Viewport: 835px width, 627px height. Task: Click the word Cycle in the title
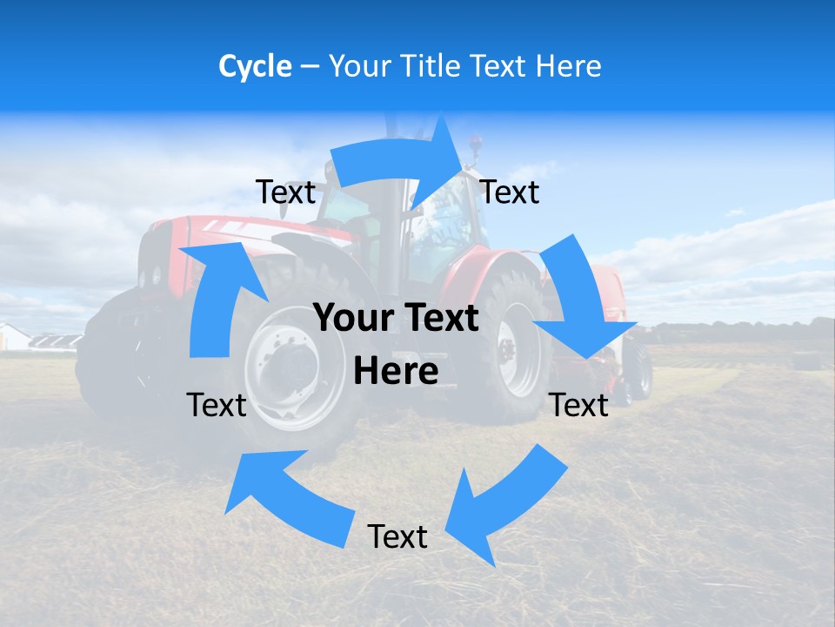pyautogui.click(x=255, y=66)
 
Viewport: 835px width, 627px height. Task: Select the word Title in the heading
pyautogui.click(x=433, y=66)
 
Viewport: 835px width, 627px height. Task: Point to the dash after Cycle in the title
pyautogui.click(x=309, y=67)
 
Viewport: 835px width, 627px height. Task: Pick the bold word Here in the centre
pyautogui.click(x=396, y=372)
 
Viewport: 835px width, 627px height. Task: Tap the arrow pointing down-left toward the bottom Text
pyautogui.click(x=496, y=505)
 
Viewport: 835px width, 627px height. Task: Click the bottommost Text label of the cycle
pyautogui.click(x=397, y=536)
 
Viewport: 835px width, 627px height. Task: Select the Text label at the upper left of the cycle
pyautogui.click(x=285, y=192)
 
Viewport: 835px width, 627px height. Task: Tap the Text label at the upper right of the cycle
pyautogui.click(x=510, y=192)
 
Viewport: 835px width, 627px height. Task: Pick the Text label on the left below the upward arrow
pyautogui.click(x=217, y=405)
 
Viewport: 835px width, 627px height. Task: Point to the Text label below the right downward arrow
pyautogui.click(x=579, y=405)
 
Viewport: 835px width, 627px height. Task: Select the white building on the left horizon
pyautogui.click(x=13, y=337)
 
